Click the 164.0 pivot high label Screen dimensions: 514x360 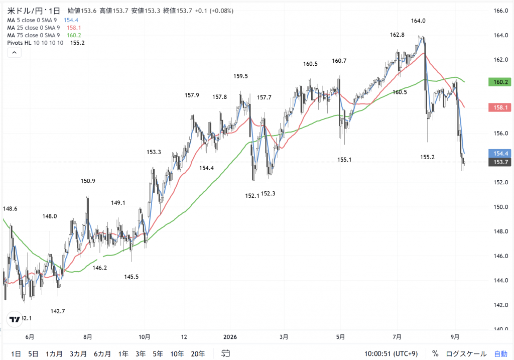(418, 21)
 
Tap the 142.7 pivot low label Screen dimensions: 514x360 (58, 311)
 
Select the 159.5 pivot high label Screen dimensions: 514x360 (240, 76)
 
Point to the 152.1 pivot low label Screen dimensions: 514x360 (252, 196)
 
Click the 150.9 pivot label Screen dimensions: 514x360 (88, 181)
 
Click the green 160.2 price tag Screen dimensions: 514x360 (499, 82)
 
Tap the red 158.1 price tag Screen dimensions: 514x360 (499, 107)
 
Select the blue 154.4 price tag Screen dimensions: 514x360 (499, 154)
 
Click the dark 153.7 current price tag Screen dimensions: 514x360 (499, 162)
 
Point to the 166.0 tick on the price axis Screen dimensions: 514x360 (500, 11)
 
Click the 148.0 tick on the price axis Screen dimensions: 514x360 (500, 231)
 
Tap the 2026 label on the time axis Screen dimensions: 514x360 (230, 337)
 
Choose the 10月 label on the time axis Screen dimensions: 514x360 (145, 337)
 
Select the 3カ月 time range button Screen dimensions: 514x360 (78, 354)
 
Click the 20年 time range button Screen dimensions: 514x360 (198, 354)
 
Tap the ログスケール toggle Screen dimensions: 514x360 (466, 354)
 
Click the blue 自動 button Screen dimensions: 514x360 (501, 354)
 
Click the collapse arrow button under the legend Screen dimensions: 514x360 (15, 52)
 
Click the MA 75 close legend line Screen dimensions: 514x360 (44, 35)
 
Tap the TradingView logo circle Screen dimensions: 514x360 (15, 319)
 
